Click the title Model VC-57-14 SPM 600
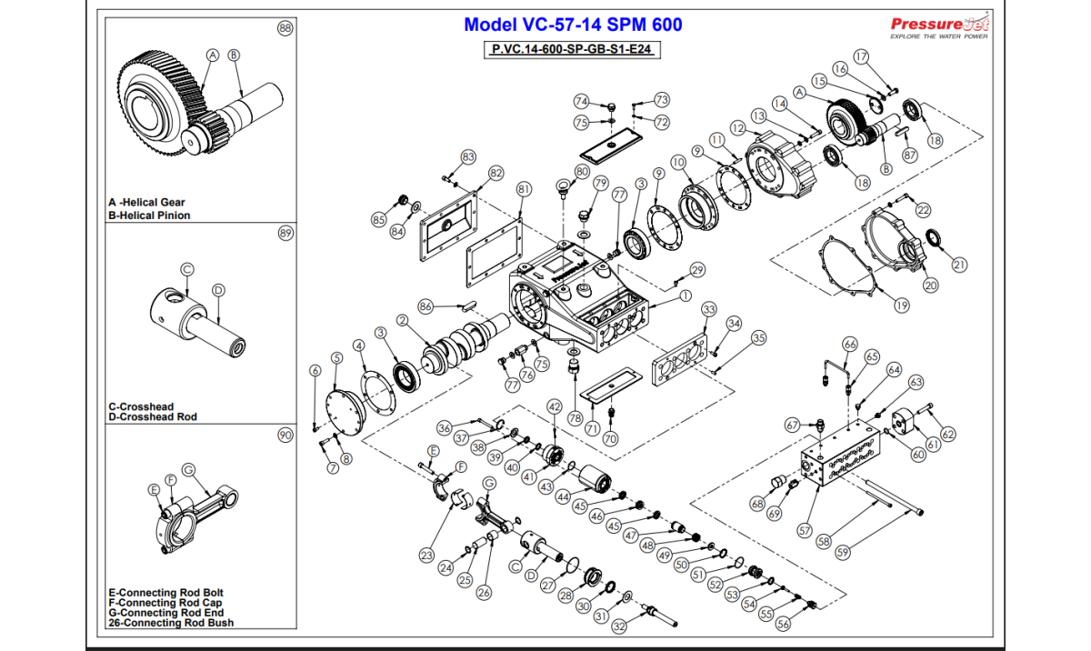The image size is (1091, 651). click(572, 25)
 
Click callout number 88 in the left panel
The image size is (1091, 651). click(285, 29)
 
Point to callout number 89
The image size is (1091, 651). click(285, 234)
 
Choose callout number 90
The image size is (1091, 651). click(285, 436)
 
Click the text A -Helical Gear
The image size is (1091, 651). click(146, 203)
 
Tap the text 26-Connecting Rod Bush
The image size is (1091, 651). click(170, 623)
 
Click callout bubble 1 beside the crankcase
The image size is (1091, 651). click(685, 295)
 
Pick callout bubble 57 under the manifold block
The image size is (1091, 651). click(804, 529)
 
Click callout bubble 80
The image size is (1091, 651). click(583, 171)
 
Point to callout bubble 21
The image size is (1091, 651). click(960, 265)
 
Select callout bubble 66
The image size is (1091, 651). click(850, 344)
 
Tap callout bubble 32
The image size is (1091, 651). click(619, 626)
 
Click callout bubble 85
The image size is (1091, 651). click(378, 219)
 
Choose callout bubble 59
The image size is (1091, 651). click(843, 551)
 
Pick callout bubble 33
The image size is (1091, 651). click(708, 309)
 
